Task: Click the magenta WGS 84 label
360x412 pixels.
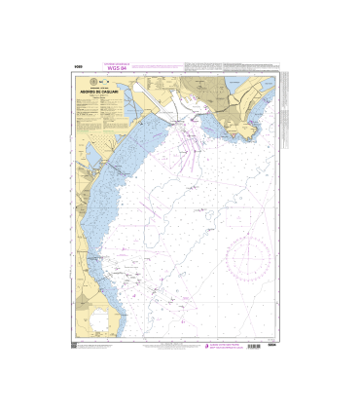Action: click(116, 68)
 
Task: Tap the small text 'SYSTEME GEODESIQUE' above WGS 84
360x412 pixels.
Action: click(116, 62)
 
